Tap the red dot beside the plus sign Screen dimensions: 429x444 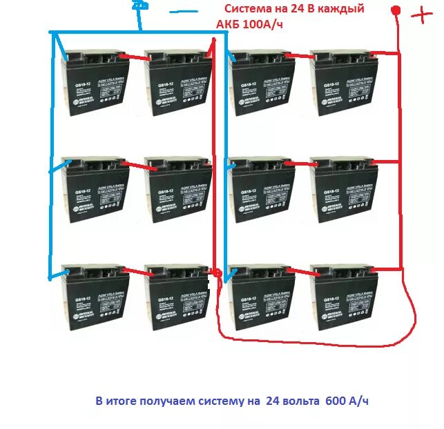click(396, 10)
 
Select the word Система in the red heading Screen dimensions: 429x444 click(250, 9)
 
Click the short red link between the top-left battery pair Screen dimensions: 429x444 click(135, 57)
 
